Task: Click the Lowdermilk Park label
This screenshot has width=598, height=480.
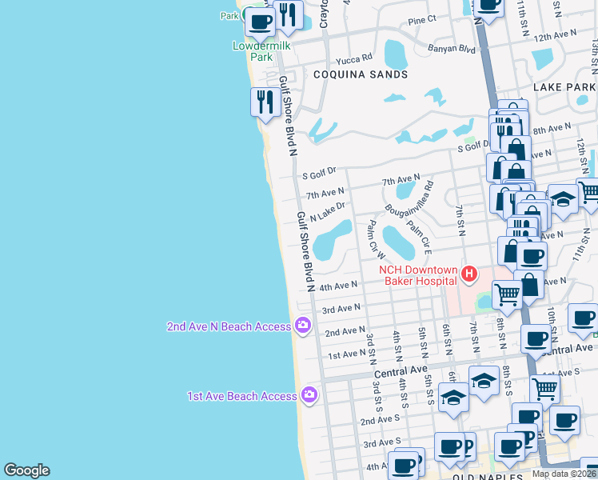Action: (261, 51)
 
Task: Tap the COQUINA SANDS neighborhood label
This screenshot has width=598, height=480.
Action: (360, 74)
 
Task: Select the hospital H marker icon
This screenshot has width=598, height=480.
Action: (468, 274)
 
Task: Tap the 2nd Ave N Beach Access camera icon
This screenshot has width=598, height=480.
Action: (302, 325)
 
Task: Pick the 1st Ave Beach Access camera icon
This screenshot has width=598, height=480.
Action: (309, 395)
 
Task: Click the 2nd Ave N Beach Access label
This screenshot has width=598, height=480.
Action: (229, 326)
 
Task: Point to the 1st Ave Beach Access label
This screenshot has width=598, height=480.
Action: (241, 396)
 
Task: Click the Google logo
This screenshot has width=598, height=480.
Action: (26, 470)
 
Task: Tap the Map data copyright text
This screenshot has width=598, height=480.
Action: (564, 474)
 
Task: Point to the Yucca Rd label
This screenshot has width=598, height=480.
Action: (355, 58)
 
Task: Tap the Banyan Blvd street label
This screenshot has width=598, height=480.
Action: (456, 49)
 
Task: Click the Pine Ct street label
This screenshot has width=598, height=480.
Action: (421, 18)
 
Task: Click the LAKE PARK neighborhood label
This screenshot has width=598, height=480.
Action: (564, 86)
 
